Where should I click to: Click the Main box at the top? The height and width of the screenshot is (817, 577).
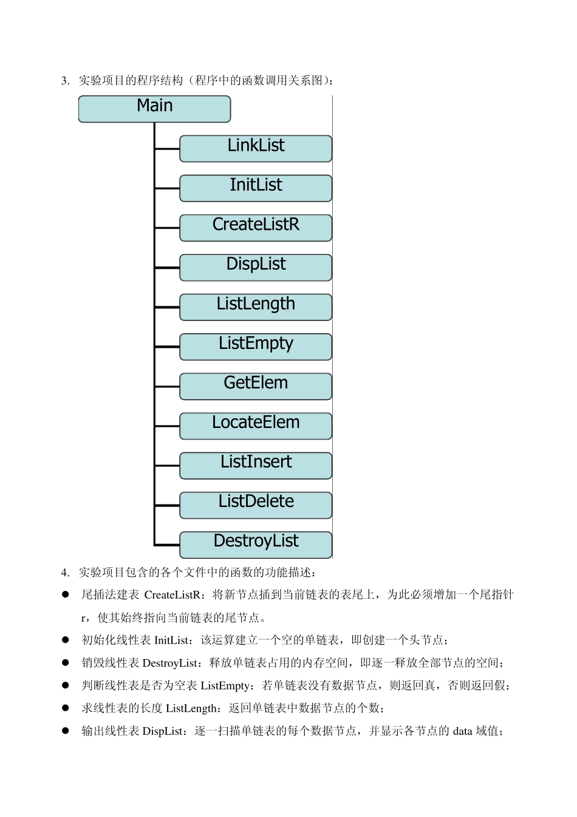pyautogui.click(x=154, y=109)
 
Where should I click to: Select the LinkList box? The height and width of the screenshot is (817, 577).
pyautogui.click(x=256, y=148)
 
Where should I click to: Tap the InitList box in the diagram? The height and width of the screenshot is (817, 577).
pyautogui.click(x=256, y=188)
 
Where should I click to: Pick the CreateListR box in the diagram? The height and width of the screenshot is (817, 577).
pyautogui.click(x=256, y=227)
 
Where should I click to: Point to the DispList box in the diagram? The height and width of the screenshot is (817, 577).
pyautogui.click(x=256, y=267)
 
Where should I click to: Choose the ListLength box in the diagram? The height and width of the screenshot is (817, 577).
pyautogui.click(x=256, y=306)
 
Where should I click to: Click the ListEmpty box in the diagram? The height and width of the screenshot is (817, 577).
pyautogui.click(x=256, y=346)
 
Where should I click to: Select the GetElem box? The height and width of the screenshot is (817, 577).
pyautogui.click(x=256, y=386)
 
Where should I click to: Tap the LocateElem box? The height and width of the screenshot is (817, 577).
pyautogui.click(x=256, y=426)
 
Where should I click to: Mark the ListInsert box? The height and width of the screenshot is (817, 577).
pyautogui.click(x=256, y=465)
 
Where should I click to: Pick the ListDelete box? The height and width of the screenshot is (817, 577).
pyautogui.click(x=256, y=505)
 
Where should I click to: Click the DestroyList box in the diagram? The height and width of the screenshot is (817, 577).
pyautogui.click(x=256, y=544)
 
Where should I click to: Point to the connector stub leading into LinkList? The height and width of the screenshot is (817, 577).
pyautogui.click(x=168, y=148)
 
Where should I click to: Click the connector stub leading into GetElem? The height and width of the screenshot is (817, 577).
pyautogui.click(x=168, y=386)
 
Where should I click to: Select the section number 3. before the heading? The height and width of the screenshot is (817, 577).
pyautogui.click(x=65, y=81)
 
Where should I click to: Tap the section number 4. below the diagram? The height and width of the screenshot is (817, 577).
pyautogui.click(x=65, y=573)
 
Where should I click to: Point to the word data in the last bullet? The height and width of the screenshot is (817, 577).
pyautogui.click(x=462, y=731)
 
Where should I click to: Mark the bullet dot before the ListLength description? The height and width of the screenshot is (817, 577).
pyautogui.click(x=66, y=708)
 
